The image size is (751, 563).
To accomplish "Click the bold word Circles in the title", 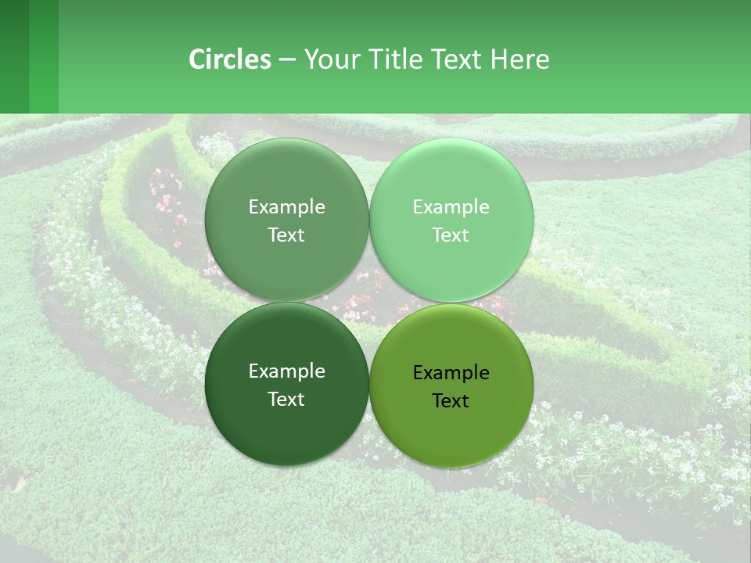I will (229, 59).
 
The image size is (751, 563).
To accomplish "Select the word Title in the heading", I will (396, 59).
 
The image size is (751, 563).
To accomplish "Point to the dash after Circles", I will (287, 60).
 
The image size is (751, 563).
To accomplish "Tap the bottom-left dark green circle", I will (286, 427).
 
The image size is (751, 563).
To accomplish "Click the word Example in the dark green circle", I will (286, 371).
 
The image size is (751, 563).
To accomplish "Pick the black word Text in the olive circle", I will (451, 401).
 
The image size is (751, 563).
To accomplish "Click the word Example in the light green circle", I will (451, 207).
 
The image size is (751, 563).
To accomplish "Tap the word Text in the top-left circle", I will (286, 235).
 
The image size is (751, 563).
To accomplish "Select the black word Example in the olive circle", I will (451, 373).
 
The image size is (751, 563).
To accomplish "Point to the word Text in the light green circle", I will (451, 235).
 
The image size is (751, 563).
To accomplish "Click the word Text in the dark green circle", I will (286, 400).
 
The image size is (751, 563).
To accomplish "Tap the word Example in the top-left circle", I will (286, 207).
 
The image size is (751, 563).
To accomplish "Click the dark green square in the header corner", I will (14, 56).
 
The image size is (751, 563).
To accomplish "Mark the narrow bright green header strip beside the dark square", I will (44, 56).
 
